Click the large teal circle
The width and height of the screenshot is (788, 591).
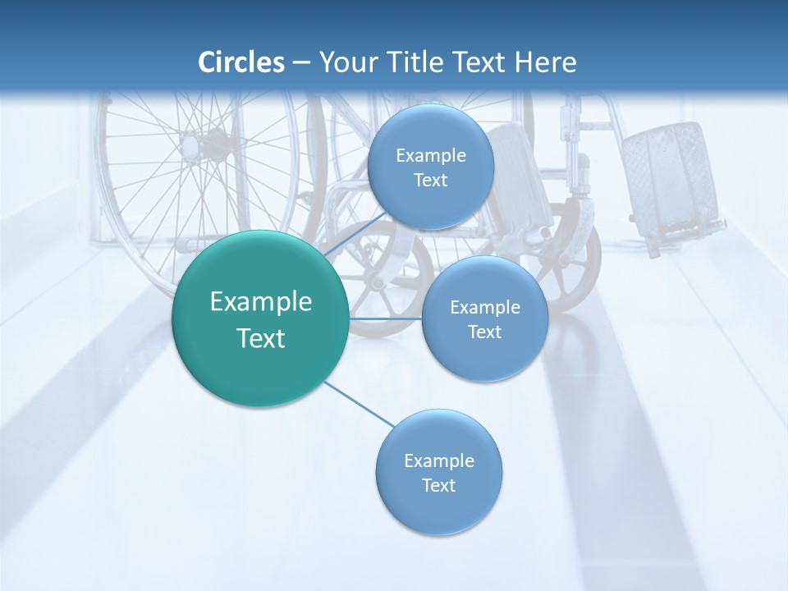260,318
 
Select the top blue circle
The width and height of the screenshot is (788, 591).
430,167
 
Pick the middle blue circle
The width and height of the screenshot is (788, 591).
484,318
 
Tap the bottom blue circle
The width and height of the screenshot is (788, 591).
438,472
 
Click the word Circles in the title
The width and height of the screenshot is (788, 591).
241,62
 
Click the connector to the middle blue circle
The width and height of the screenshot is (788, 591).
385,318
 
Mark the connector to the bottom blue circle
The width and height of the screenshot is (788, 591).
360,404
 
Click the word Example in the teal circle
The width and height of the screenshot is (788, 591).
261,301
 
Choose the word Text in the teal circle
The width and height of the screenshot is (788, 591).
261,338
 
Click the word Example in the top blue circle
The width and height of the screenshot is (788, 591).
431,155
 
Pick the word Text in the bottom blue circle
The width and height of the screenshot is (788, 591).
438,485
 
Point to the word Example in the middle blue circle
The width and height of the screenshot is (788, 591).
485,307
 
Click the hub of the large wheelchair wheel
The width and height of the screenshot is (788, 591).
190,148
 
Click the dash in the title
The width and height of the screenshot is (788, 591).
301,62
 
